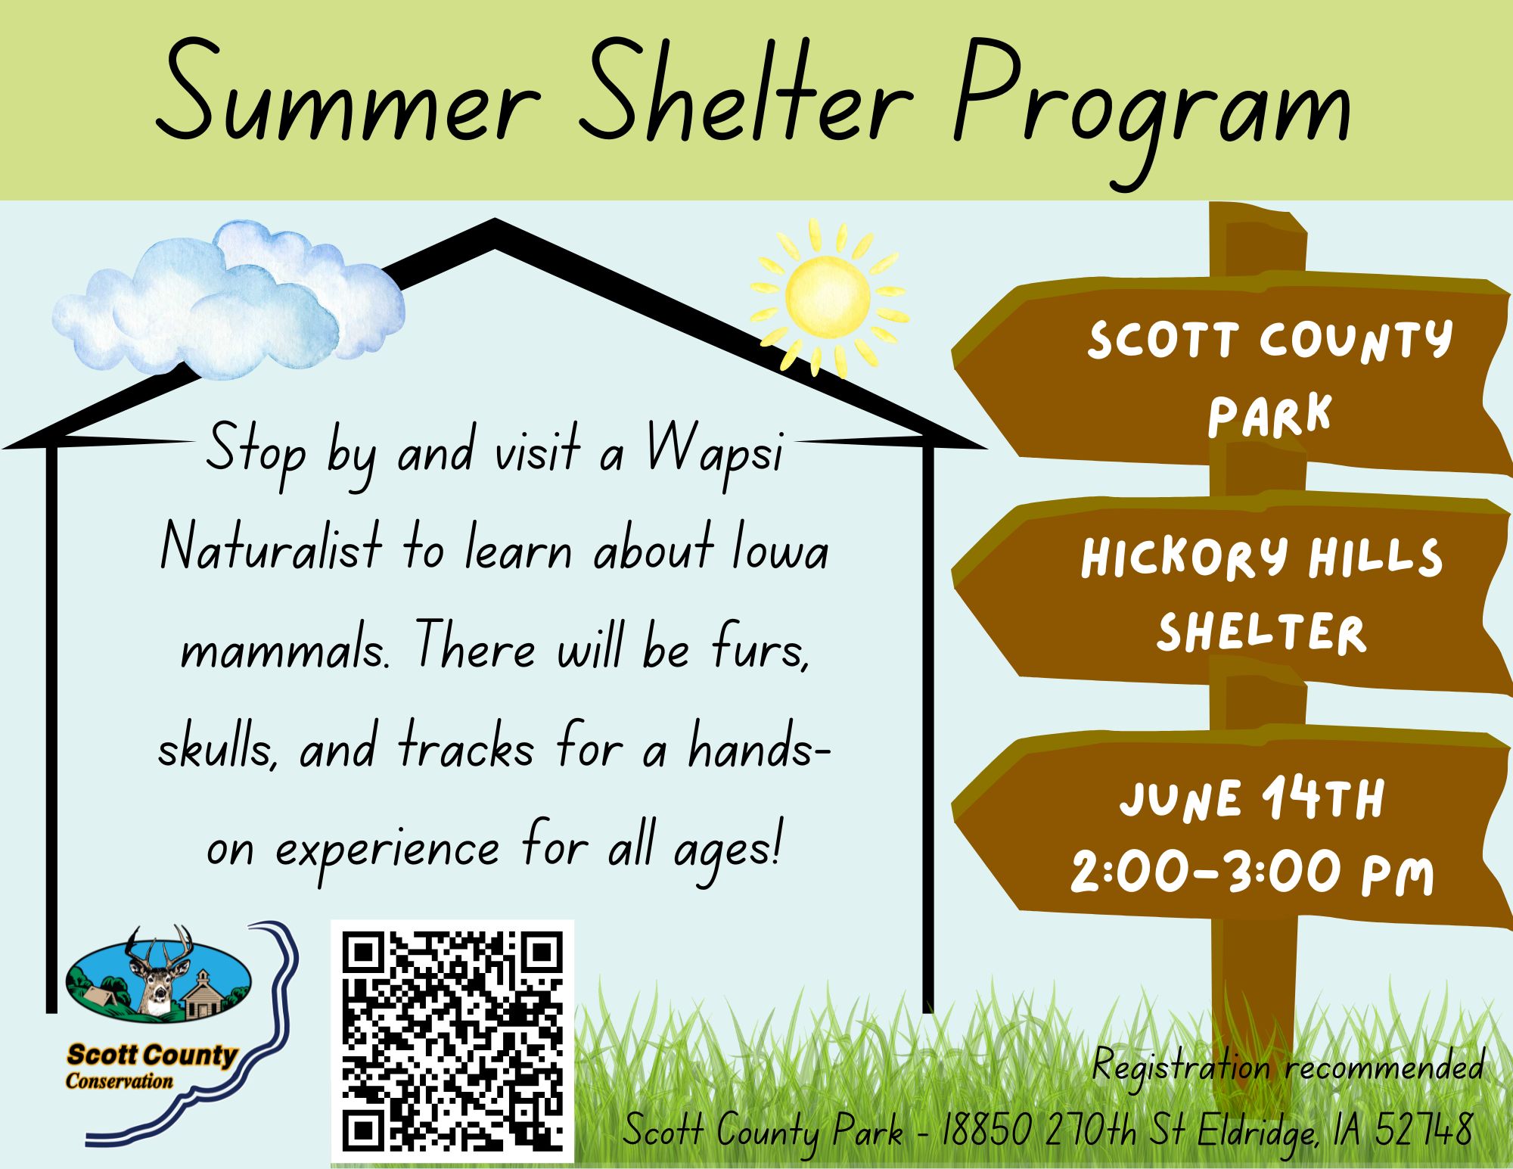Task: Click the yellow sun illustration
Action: point(829,297)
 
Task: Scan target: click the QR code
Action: point(452,1041)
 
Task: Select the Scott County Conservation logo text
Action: point(151,1066)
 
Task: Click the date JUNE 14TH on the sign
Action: point(1251,799)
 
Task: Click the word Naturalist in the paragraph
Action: point(271,548)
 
